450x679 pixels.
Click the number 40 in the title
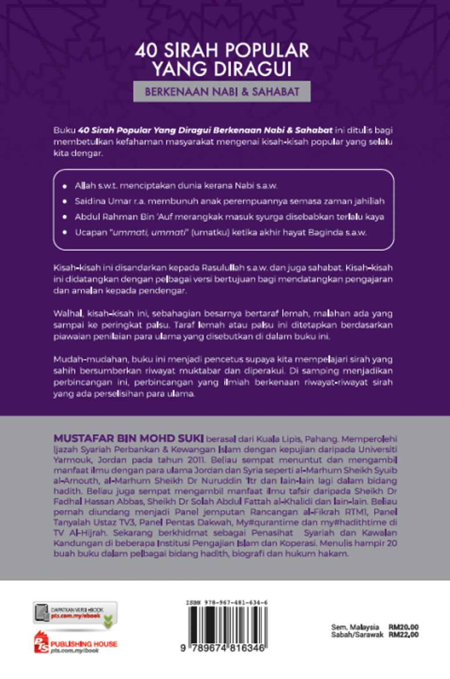pyautogui.click(x=146, y=51)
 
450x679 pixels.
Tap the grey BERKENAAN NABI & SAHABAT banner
pyautogui.click(x=222, y=92)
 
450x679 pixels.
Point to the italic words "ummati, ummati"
pyautogui.click(x=149, y=232)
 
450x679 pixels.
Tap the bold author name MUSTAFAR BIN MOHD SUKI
pyautogui.click(x=128, y=439)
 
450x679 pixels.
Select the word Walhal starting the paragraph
pyautogui.click(x=68, y=313)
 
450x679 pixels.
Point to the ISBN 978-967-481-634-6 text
pyautogui.click(x=227, y=603)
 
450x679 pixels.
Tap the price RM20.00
pyautogui.click(x=403, y=627)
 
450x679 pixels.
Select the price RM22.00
pyautogui.click(x=403, y=635)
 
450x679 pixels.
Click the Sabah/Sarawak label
pyautogui.click(x=357, y=635)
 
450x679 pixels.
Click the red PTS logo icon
pyautogui.click(x=41, y=643)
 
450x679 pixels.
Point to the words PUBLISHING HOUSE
pyautogui.click(x=84, y=644)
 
